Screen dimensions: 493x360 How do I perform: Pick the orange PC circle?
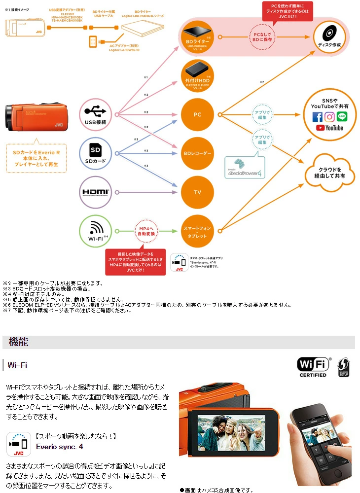click(x=197, y=114)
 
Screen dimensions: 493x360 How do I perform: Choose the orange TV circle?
click(x=197, y=192)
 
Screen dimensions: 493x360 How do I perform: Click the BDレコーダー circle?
click(x=197, y=153)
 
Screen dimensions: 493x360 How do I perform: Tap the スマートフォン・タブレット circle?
click(x=197, y=231)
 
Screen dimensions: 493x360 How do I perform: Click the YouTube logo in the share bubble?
click(x=330, y=128)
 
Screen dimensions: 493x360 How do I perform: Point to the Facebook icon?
click(x=318, y=117)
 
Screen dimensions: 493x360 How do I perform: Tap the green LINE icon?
click(x=342, y=117)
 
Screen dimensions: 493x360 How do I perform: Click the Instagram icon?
click(x=330, y=117)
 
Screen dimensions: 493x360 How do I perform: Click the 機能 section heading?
click(x=19, y=342)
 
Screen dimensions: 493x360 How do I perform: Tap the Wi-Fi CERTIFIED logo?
click(x=313, y=367)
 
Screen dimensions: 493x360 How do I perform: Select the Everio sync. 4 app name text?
click(x=60, y=447)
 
